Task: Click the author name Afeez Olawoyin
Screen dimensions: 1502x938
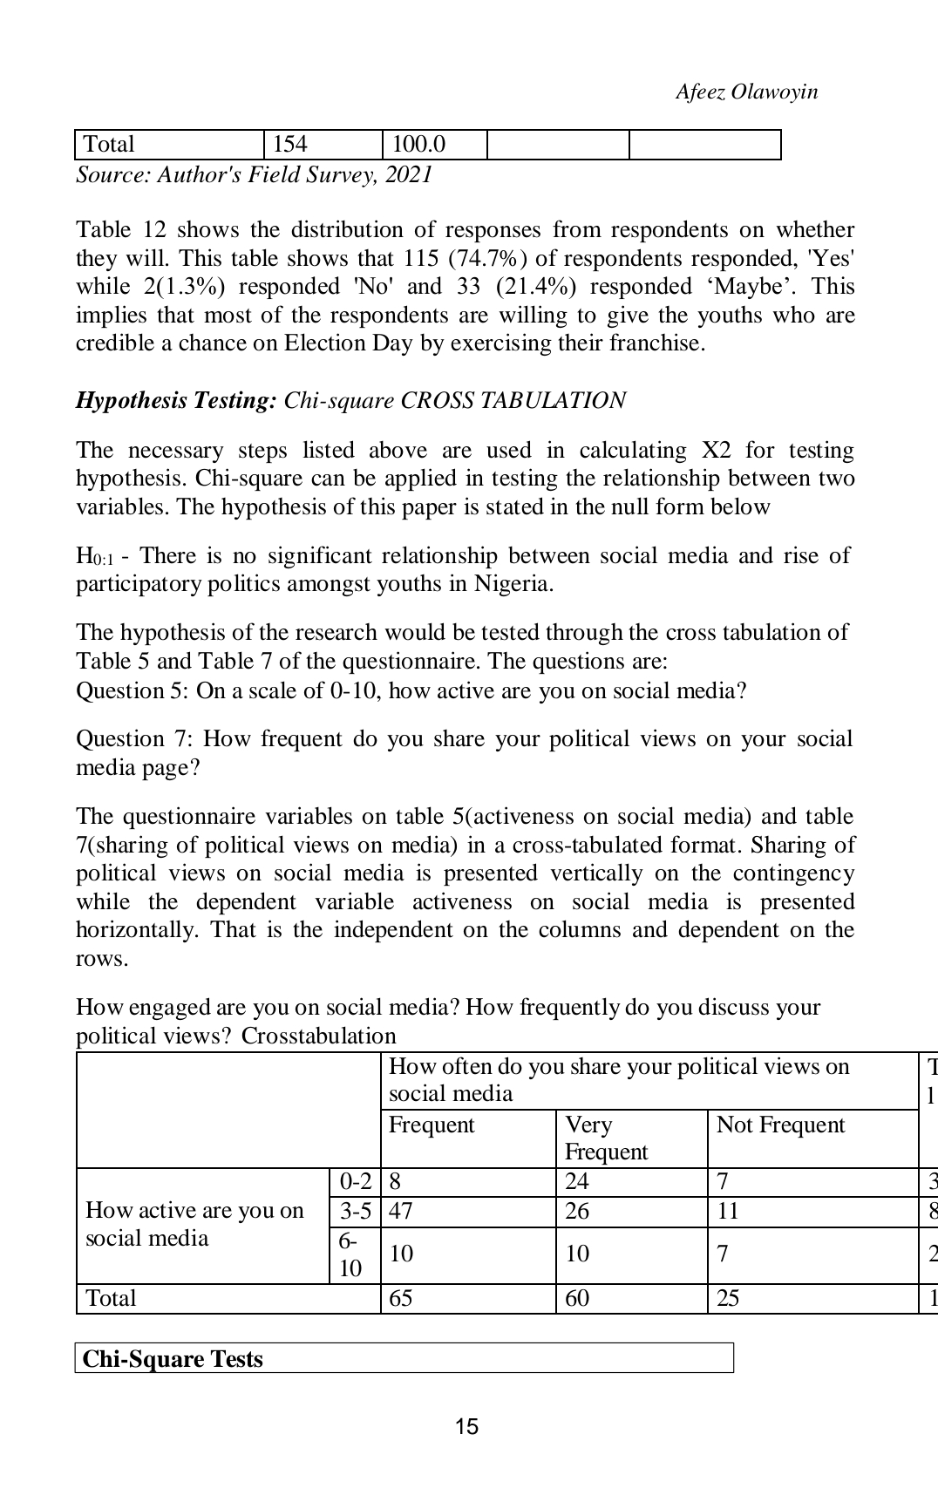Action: pyautogui.click(x=746, y=92)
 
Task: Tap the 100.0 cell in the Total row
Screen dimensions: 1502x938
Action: pyautogui.click(x=418, y=145)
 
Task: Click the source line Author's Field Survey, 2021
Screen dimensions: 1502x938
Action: pyautogui.click(x=255, y=175)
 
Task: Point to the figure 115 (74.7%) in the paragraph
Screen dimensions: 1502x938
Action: pyautogui.click(x=466, y=259)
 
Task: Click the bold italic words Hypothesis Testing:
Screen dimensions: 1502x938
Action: pyautogui.click(x=176, y=401)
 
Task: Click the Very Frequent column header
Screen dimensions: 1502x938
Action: pyautogui.click(x=606, y=1138)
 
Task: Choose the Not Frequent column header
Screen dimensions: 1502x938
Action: pyautogui.click(x=780, y=1125)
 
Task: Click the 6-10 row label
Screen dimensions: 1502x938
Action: pyautogui.click(x=350, y=1255)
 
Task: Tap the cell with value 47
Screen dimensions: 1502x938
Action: pyautogui.click(x=401, y=1212)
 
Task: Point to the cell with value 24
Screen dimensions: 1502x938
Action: pyautogui.click(x=577, y=1183)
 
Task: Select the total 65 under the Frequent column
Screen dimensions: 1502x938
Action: pyautogui.click(x=401, y=1299)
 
